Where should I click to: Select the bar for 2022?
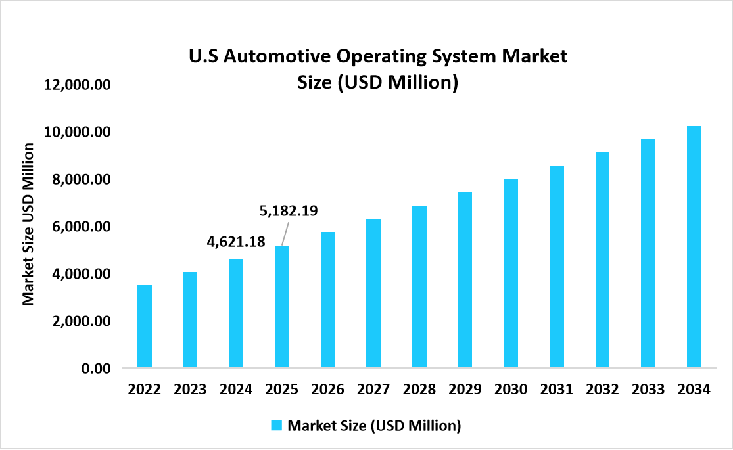(x=144, y=326)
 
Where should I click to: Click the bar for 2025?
(x=281, y=306)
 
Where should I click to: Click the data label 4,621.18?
(x=236, y=242)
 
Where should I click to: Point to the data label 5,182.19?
(x=289, y=211)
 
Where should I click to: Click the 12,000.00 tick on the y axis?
(x=78, y=85)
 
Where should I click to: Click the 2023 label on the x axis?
(x=190, y=389)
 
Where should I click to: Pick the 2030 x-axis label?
(x=511, y=389)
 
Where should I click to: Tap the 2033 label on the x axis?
(x=648, y=389)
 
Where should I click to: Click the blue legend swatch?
(x=277, y=426)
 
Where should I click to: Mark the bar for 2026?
(x=327, y=300)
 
